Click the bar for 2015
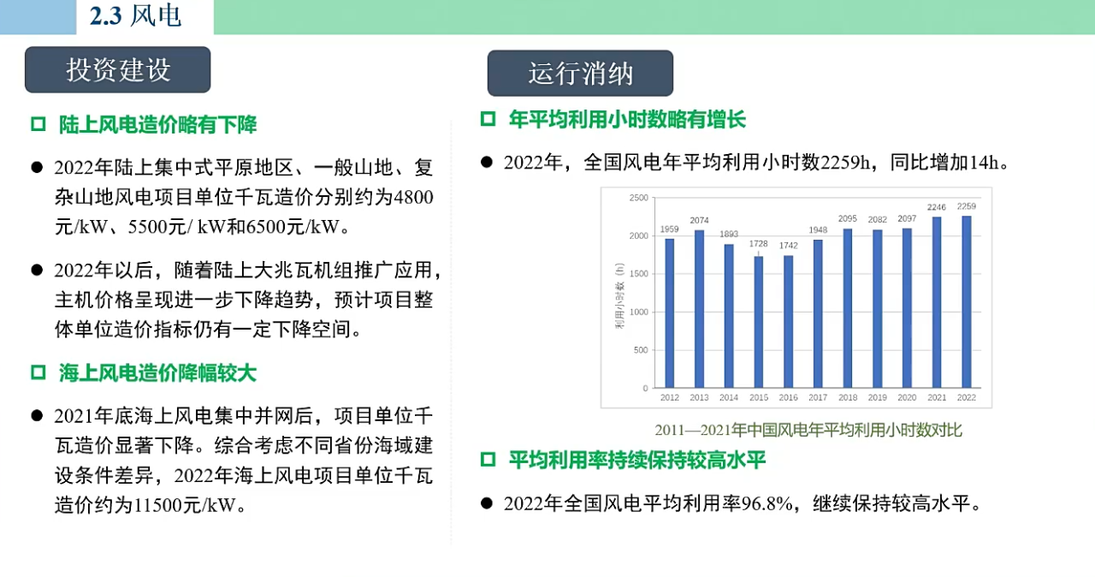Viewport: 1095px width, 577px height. [x=758, y=322]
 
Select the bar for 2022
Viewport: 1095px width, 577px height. [x=967, y=301]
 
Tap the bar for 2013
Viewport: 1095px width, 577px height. [x=699, y=309]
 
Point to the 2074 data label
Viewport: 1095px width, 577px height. [x=699, y=221]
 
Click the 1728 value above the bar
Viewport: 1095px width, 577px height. [x=758, y=243]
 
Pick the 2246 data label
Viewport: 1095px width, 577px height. [x=937, y=207]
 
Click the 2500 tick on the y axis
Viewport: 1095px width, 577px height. [x=638, y=198]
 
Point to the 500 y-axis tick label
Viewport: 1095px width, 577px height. [x=641, y=350]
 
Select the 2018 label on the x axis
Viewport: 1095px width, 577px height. [x=848, y=397]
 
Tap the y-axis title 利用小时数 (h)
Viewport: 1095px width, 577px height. [x=620, y=296]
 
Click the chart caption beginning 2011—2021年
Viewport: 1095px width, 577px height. [x=808, y=431]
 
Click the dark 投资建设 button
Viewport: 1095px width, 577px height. [x=118, y=69]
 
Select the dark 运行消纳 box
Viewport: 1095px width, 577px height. [x=580, y=74]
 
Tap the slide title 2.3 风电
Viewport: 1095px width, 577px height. [x=135, y=15]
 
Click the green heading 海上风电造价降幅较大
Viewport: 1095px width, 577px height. [x=158, y=372]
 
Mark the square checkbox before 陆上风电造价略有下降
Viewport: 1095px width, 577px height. [x=38, y=124]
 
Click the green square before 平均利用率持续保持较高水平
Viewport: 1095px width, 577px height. [x=488, y=460]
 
